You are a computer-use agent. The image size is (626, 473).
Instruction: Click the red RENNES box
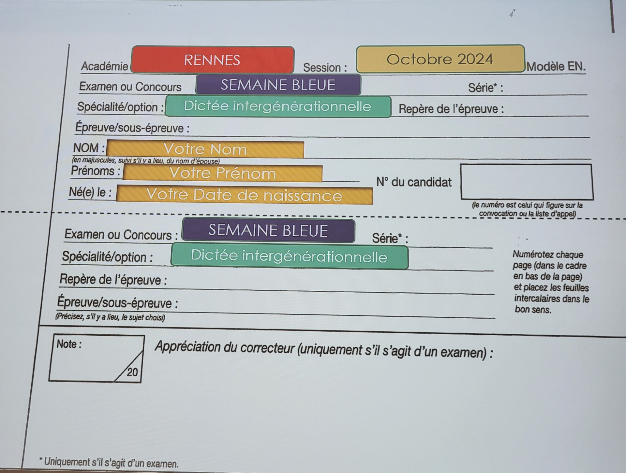[x=213, y=60]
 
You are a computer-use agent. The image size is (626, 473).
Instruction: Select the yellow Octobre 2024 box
[x=440, y=59]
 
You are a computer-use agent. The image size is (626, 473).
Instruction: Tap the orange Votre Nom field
[x=205, y=149]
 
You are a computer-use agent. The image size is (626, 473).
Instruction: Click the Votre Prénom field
[x=223, y=173]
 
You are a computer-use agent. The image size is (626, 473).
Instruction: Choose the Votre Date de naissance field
[x=244, y=195]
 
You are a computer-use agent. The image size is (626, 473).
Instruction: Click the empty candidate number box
[x=527, y=182]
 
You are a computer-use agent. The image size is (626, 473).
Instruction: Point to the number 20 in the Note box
[x=132, y=372]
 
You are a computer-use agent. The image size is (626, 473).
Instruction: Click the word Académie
[x=104, y=66]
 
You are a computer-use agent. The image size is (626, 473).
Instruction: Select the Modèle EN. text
[x=556, y=66]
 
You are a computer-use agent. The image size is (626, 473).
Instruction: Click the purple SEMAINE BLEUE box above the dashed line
[x=278, y=85]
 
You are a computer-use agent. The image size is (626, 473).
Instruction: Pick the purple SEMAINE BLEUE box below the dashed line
[x=268, y=230]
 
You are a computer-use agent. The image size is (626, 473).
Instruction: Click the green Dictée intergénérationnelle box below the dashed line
[x=289, y=257]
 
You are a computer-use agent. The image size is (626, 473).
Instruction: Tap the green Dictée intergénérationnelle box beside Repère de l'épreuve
[x=278, y=106]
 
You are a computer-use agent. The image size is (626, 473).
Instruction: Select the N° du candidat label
[x=414, y=182]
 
